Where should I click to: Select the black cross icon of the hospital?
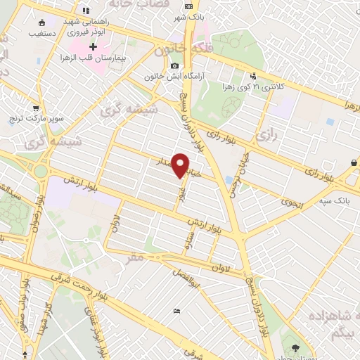tap(94, 46)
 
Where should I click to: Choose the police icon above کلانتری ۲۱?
tap(252, 76)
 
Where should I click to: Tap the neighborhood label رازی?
tap(264, 132)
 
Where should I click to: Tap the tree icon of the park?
tap(295, 347)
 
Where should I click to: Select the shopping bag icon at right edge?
tap(354, 162)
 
